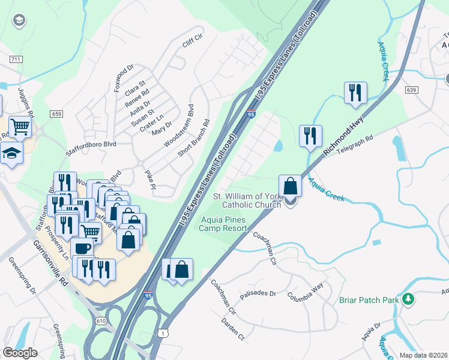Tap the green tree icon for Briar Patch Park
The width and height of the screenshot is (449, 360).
[x=408, y=298]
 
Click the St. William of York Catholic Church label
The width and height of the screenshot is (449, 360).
[x=248, y=200]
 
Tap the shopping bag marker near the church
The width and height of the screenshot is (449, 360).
[x=290, y=186]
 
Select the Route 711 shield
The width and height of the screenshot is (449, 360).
[x=16, y=59]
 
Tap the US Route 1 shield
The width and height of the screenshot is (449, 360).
[x=163, y=332]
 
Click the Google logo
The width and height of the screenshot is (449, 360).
[x=20, y=353]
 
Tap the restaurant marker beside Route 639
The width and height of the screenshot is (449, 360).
[x=355, y=93]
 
